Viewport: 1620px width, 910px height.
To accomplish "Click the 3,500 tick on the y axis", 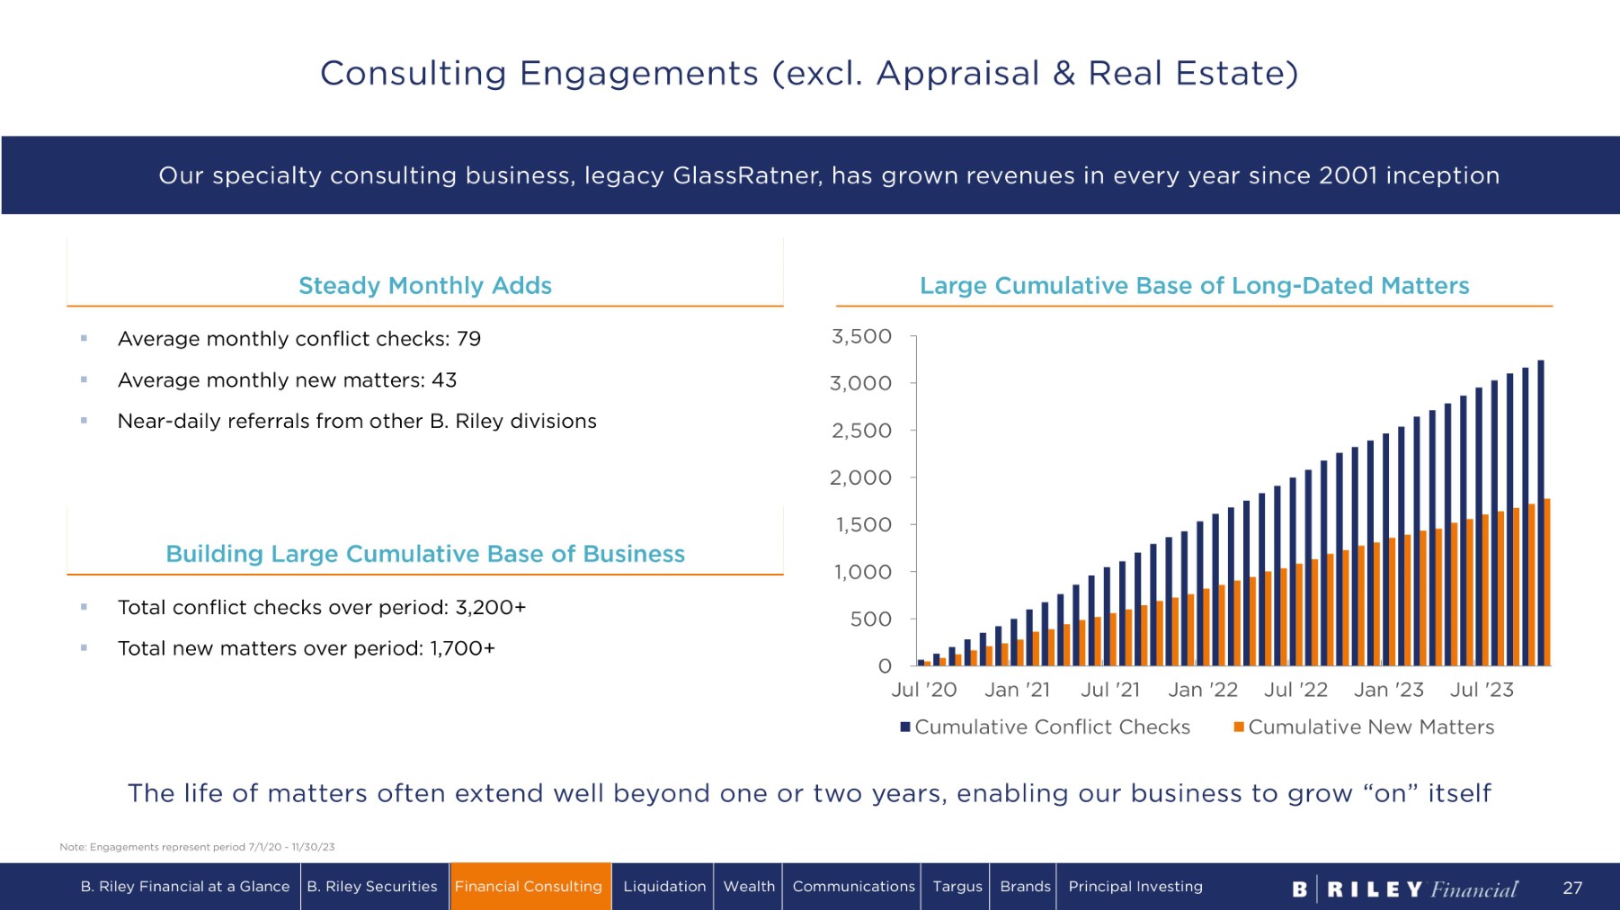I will tap(861, 336).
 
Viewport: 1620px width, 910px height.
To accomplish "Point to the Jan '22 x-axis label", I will tap(1202, 690).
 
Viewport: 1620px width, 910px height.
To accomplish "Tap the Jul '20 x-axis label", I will tap(923, 690).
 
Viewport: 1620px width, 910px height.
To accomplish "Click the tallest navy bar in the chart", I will tap(1541, 513).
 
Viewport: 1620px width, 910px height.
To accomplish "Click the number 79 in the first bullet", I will tap(468, 339).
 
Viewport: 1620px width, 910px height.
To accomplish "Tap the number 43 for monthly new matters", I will tap(444, 380).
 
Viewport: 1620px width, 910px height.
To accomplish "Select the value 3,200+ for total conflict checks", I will tap(490, 607).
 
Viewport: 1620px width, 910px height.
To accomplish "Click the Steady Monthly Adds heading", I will tap(425, 286).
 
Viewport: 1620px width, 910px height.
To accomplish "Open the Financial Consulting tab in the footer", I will tap(529, 887).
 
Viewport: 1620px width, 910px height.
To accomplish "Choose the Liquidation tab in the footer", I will tap(664, 887).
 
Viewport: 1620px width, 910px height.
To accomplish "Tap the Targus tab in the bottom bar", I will tap(957, 887).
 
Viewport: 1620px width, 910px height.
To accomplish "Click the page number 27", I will tap(1572, 888).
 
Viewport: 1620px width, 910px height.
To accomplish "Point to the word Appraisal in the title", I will tap(957, 74).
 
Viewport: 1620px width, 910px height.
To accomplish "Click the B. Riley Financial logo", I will tap(1404, 888).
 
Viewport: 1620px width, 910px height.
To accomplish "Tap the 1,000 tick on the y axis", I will tap(862, 572).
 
